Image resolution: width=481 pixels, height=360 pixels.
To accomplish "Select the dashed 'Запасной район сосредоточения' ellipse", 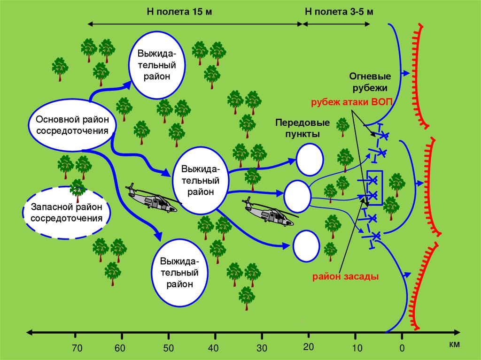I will point(66,213).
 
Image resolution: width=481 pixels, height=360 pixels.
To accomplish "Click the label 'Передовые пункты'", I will point(302,128).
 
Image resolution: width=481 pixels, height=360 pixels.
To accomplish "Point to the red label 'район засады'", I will point(344,276).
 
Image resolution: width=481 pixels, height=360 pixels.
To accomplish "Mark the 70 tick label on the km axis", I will point(77,348).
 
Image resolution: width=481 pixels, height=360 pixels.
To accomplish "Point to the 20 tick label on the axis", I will point(308,347).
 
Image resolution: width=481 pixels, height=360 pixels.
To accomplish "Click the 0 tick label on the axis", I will point(402,348).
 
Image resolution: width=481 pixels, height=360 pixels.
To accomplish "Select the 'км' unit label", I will point(454,345).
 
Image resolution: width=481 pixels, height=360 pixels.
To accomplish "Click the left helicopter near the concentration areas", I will point(152,199).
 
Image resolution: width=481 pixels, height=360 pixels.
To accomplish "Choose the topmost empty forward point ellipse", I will point(309,159).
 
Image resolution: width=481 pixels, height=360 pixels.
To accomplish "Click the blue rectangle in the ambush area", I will point(375,188).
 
